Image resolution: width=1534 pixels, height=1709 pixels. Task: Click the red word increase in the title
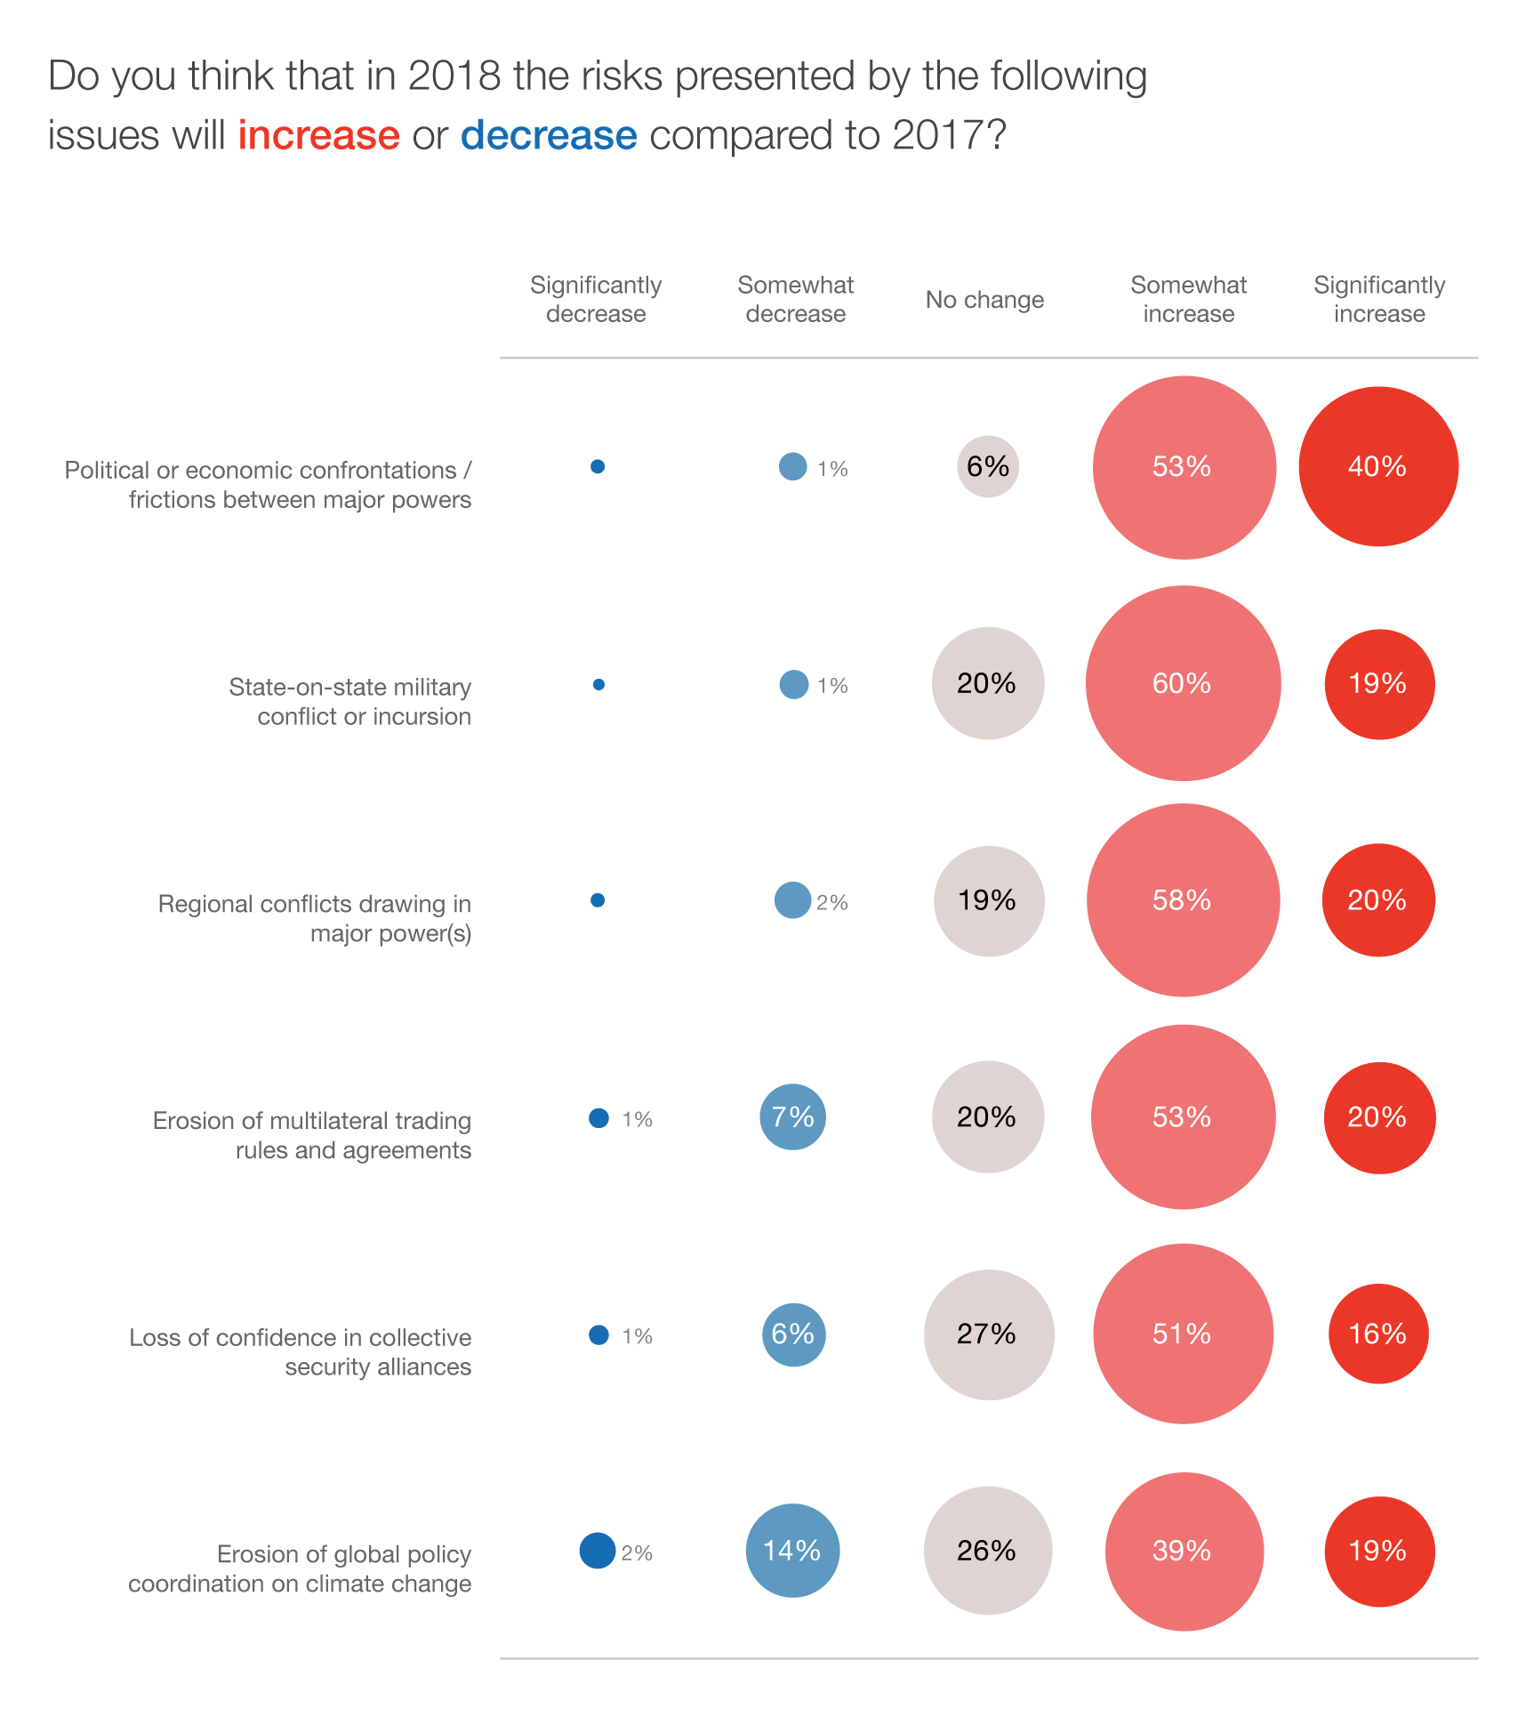pos(318,135)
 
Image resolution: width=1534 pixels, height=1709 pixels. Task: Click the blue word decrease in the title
pos(549,135)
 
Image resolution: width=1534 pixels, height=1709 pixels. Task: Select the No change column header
pos(984,300)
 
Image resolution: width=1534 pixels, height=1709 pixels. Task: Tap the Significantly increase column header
pos(1379,299)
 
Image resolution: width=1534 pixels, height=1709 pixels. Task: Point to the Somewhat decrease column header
pos(795,299)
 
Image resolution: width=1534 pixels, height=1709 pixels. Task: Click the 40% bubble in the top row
pos(1378,466)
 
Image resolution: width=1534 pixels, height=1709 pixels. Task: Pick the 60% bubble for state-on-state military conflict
pos(1183,683)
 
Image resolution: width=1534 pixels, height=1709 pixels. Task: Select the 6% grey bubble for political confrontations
pos(988,466)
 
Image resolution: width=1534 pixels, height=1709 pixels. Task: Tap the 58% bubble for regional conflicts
pos(1183,900)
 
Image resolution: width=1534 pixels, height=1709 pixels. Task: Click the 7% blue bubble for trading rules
pos(792,1116)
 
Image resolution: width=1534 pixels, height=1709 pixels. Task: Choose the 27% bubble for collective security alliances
pos(988,1334)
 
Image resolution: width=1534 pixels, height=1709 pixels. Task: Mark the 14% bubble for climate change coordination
pos(792,1551)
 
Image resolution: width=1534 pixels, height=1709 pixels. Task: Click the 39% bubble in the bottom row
pos(1184,1552)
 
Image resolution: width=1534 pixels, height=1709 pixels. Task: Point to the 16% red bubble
pos(1378,1334)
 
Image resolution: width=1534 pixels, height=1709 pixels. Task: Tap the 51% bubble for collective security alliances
pos(1183,1334)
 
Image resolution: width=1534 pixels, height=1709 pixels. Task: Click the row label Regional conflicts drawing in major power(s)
pos(315,918)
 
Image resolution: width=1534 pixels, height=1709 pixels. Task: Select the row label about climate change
pos(300,1568)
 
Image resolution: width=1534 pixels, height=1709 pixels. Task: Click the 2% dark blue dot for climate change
pos(598,1551)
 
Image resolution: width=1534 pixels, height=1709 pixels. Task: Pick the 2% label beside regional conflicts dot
pos(832,903)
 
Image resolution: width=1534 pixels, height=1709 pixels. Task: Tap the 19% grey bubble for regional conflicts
pos(988,900)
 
